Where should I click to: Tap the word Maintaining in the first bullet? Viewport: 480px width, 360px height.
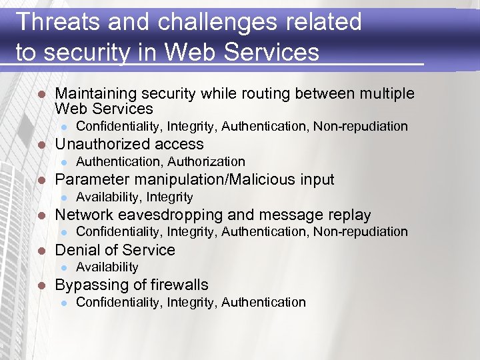[95, 94]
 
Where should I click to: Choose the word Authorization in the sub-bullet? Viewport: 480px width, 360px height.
[207, 161]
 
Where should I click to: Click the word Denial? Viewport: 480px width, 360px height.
[75, 250]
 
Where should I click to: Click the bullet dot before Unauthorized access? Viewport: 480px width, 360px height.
[41, 145]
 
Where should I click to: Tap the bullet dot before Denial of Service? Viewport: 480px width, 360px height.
[41, 251]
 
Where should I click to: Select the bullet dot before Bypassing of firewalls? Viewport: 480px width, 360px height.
[41, 285]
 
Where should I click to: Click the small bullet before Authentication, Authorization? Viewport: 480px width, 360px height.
[63, 162]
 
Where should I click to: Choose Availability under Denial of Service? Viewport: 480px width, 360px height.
[107, 267]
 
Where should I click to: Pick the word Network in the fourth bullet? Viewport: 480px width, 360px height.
[83, 215]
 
